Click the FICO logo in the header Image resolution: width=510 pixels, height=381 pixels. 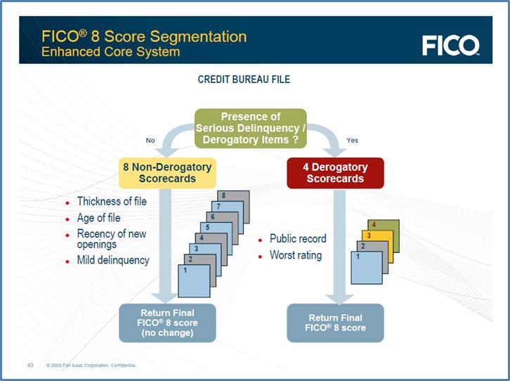tap(450, 45)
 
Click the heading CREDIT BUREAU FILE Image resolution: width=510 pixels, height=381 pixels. tap(244, 79)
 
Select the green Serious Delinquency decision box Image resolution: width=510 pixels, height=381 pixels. tap(251, 129)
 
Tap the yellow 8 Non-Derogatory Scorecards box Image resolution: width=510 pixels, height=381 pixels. tap(166, 173)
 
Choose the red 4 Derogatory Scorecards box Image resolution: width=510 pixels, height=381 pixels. tap(335, 173)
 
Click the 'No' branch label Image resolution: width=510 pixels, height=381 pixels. tap(150, 141)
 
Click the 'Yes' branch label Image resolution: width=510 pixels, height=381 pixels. tap(352, 141)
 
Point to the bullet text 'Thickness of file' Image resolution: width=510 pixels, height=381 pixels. tap(112, 202)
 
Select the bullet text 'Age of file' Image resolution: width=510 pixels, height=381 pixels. tap(98, 218)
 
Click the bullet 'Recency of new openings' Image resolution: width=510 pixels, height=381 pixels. tap(111, 239)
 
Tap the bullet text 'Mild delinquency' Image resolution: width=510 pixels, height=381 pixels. tap(113, 260)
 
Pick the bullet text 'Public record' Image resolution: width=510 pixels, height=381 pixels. tap(298, 239)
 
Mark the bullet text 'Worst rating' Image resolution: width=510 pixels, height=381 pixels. tap(295, 255)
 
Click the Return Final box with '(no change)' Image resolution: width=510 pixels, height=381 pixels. tap(167, 323)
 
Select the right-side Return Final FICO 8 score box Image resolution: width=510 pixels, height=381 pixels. tap(335, 323)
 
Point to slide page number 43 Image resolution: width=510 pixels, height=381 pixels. tap(30, 365)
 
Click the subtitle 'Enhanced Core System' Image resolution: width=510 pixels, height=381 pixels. tap(110, 52)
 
